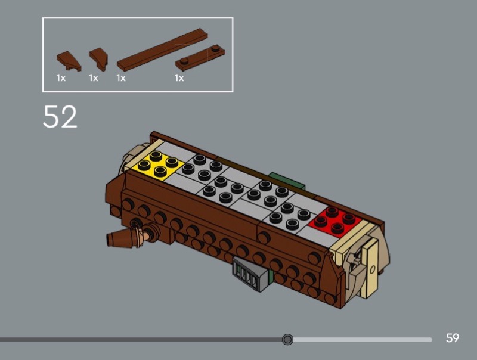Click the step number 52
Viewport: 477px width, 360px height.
pyautogui.click(x=60, y=116)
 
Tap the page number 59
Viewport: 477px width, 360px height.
pyautogui.click(x=453, y=338)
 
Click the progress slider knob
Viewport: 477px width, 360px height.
pyautogui.click(x=287, y=339)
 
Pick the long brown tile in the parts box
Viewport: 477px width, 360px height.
pyautogui.click(x=162, y=49)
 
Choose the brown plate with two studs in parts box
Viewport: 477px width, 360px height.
pyautogui.click(x=200, y=58)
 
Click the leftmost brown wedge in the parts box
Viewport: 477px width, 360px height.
pyautogui.click(x=69, y=61)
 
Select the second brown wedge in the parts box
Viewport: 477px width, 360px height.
pyautogui.click(x=98, y=59)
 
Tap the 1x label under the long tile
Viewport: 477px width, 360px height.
pyautogui.click(x=121, y=78)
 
